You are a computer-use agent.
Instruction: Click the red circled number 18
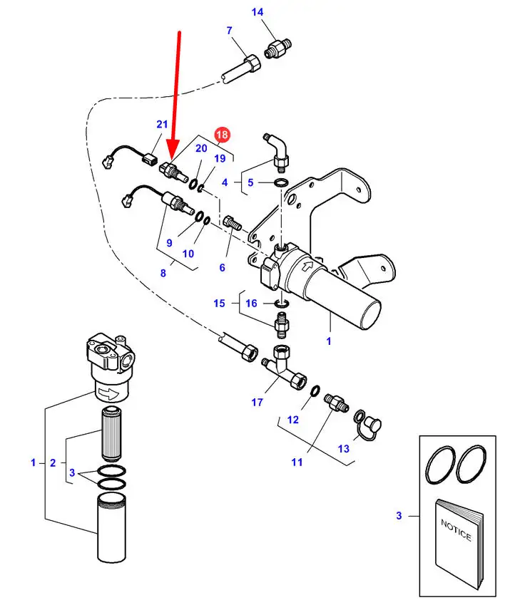tap(222, 134)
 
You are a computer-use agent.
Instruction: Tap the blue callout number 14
tap(258, 12)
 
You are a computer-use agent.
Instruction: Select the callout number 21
tap(162, 125)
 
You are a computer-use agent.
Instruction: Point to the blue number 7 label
tap(230, 30)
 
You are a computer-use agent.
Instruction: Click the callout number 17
tap(258, 402)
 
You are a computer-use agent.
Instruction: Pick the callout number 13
tap(344, 448)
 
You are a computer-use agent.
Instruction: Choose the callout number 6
tap(222, 267)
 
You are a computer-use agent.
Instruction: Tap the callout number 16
tap(251, 304)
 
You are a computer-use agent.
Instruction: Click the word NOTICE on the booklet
tap(456, 529)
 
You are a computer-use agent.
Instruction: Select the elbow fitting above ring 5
tap(277, 152)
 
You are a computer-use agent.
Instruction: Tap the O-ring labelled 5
tap(282, 182)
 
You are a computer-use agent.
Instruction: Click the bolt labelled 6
tap(232, 222)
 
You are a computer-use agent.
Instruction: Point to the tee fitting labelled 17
tap(284, 368)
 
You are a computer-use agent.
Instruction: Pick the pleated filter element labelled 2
tap(111, 434)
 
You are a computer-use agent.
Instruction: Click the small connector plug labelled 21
tap(149, 160)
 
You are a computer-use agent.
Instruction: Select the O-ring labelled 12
tap(315, 390)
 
